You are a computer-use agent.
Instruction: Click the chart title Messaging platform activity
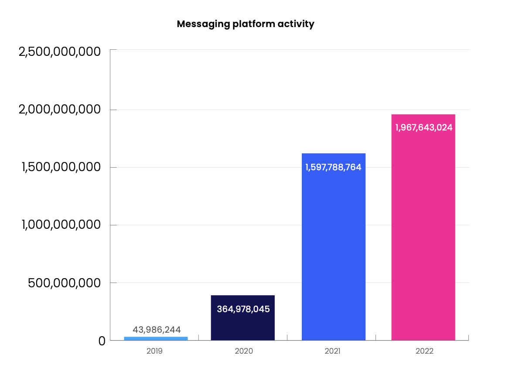pos(245,24)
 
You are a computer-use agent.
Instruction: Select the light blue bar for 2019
pos(156,338)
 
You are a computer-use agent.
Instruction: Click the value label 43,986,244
pos(157,330)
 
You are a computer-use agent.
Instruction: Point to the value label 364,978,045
pos(243,309)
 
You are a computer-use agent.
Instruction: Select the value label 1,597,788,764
pos(333,167)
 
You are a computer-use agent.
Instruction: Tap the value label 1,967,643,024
pos(423,128)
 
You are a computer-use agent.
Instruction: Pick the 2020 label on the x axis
pos(243,351)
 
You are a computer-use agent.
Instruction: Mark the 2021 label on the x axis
pos(332,351)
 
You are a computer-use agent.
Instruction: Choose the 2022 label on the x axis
pos(424,351)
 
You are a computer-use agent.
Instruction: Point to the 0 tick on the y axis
pos(102,341)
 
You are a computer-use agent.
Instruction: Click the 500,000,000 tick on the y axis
pos(64,283)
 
